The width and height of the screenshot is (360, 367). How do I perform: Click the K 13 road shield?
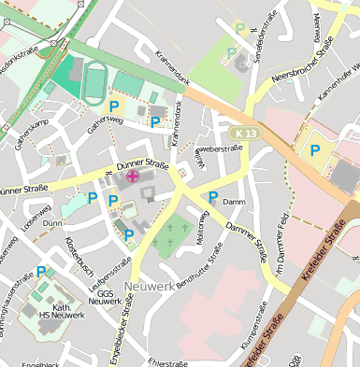coord(245,134)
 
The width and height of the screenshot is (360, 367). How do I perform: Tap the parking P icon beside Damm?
coord(213,197)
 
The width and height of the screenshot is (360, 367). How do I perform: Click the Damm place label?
coord(234,202)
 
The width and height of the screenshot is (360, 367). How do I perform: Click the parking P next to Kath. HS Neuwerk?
coord(40,272)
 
